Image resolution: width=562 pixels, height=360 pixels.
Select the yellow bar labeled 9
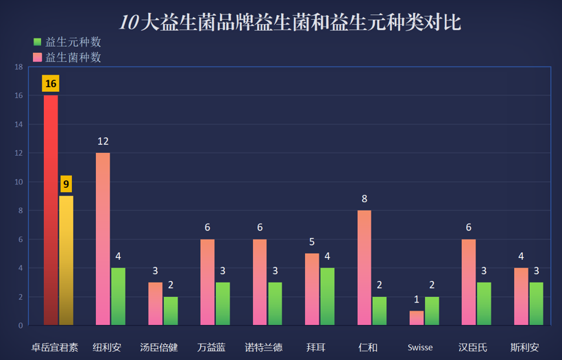(66, 260)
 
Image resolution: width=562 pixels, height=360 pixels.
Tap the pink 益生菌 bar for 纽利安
(103, 239)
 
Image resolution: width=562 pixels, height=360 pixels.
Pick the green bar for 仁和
(380, 311)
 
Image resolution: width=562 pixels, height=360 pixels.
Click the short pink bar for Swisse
(417, 317)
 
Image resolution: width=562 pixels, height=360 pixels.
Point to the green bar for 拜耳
(327, 296)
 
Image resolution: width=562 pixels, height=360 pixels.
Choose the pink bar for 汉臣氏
(469, 282)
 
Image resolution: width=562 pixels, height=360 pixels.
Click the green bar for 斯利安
(536, 303)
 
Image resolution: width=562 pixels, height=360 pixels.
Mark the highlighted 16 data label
(51, 84)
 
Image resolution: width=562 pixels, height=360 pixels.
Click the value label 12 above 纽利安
(103, 141)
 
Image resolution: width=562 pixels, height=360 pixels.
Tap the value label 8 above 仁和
(365, 199)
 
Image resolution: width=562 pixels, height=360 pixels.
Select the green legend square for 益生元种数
(38, 42)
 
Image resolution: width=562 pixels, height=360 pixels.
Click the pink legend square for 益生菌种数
(38, 57)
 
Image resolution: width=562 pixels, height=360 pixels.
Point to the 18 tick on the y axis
(19, 67)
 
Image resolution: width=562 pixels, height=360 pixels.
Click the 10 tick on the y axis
(19, 182)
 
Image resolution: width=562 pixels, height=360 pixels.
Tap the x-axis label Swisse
(419, 348)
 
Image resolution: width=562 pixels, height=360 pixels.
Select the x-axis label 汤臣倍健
(158, 348)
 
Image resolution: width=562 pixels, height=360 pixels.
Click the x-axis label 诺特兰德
(263, 348)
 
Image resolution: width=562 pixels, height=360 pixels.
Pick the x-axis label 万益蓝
(211, 348)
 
